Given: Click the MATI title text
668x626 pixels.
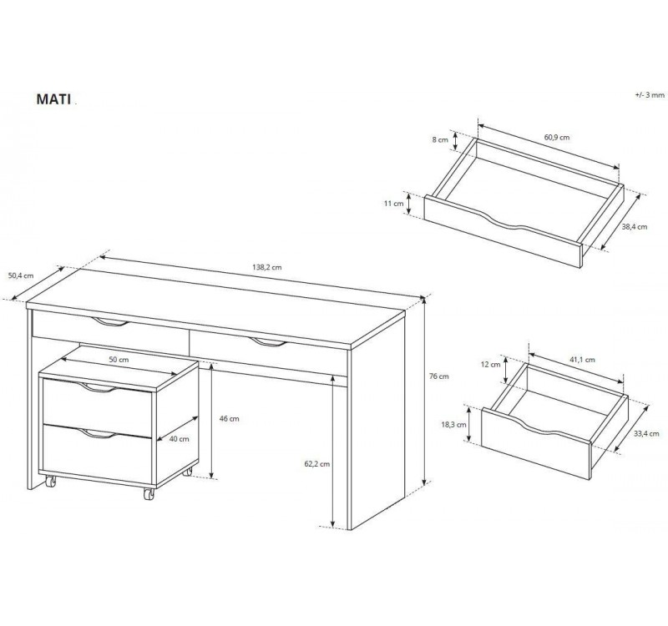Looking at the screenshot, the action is point(53,98).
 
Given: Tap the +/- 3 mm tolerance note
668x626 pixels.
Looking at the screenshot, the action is point(650,95).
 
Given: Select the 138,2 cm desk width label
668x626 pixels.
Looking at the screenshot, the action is point(267,267).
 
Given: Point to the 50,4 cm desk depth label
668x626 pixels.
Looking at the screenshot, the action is point(21,275).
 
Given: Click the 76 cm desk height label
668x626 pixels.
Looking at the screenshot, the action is point(439,376).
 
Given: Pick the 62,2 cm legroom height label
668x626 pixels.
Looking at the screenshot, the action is point(316,464).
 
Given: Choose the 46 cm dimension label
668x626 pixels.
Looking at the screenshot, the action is point(229,419).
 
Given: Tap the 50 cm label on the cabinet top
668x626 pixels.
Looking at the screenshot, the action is point(119,360).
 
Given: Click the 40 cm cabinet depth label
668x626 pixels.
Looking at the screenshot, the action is point(180,439).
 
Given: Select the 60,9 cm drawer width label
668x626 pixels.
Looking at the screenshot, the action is point(557,138).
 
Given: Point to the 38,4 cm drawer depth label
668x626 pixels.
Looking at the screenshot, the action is point(635,227).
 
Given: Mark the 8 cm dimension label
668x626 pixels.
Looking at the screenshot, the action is point(441,139).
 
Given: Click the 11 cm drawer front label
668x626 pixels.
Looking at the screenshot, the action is point(393,204).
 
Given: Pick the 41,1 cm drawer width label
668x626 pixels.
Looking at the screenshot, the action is point(582,360).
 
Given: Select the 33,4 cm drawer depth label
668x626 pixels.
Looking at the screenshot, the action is point(646,433).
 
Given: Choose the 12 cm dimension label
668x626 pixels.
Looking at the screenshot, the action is point(491,365).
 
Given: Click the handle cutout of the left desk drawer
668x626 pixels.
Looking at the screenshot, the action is point(110,322).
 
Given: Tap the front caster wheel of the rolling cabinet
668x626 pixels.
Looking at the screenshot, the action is point(149,494).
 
